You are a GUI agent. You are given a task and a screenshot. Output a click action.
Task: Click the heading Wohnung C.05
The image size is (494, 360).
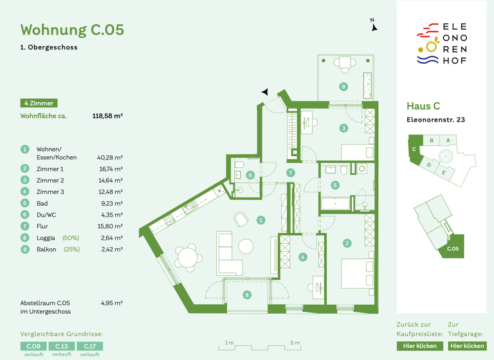click(x=72, y=30)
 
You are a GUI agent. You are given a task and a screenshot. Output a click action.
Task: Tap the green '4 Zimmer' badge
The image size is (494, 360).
click(x=39, y=103)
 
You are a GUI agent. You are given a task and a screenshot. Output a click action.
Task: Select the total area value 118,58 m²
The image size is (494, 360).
click(x=107, y=116)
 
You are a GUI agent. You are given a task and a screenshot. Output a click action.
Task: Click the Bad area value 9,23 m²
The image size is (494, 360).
click(x=111, y=203)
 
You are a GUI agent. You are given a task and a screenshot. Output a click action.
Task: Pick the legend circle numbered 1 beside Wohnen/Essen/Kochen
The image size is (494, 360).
click(x=25, y=149)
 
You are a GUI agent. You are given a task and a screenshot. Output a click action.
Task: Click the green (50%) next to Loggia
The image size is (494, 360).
click(x=71, y=238)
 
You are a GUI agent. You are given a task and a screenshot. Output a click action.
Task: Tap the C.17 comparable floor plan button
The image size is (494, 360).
click(x=89, y=346)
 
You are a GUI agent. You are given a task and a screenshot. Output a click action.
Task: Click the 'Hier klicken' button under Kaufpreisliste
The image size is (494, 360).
click(x=419, y=346)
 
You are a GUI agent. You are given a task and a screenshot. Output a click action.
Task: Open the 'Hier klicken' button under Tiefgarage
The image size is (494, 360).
click(x=467, y=346)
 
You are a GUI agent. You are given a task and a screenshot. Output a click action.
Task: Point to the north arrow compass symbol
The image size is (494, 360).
click(x=374, y=26)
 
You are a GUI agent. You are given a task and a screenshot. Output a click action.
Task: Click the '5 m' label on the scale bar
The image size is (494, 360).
click(x=295, y=343)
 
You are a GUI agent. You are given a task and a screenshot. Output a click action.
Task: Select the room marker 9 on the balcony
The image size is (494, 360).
click(x=343, y=87)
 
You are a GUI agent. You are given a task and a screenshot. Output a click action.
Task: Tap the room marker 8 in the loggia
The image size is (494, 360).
click(x=246, y=295)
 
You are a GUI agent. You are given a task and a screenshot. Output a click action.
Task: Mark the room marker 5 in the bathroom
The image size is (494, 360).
click(x=334, y=185)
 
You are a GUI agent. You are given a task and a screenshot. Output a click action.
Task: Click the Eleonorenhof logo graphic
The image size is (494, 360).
click(x=441, y=44)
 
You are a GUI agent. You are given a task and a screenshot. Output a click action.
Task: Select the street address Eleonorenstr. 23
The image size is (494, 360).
click(x=435, y=120)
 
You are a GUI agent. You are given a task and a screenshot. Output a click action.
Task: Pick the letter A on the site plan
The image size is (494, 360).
click(x=448, y=140)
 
